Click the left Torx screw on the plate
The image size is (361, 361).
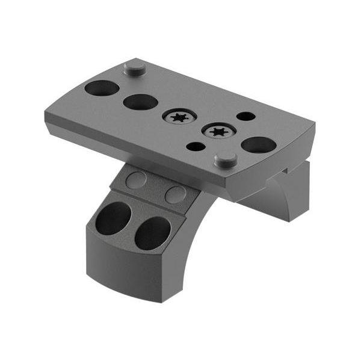(x=179, y=117)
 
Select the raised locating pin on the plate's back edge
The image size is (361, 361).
(x=135, y=67)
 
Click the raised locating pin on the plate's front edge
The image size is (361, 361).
(x=226, y=159)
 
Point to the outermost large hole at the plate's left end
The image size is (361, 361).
(x=102, y=88)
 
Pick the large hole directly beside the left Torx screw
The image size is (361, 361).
(x=140, y=102)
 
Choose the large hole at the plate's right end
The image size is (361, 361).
(x=259, y=144)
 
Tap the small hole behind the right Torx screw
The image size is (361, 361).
(x=245, y=116)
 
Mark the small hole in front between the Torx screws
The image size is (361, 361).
(x=196, y=146)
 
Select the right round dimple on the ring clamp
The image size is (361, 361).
(x=175, y=194)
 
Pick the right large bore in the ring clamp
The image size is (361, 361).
(x=152, y=233)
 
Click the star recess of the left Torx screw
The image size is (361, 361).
(x=179, y=117)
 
